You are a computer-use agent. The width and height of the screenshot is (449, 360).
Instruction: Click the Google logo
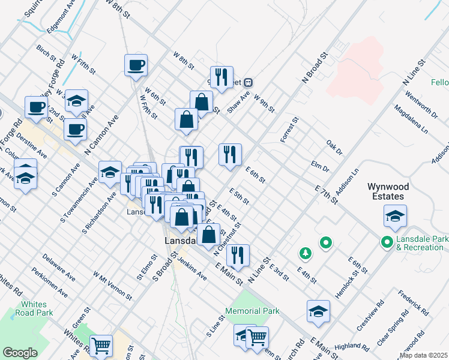click(20, 353)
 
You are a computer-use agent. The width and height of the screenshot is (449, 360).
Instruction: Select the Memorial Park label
click(253, 311)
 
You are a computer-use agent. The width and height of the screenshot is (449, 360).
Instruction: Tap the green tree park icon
click(305, 253)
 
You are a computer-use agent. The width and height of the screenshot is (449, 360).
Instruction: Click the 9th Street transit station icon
click(247, 82)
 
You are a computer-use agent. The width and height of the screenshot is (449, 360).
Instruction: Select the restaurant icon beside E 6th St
click(230, 155)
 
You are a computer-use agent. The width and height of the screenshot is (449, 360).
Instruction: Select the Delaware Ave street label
click(58, 268)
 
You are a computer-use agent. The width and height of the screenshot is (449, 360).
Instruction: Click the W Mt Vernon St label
click(112, 285)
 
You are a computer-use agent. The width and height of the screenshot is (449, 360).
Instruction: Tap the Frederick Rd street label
click(414, 304)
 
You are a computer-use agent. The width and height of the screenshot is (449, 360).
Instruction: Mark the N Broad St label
click(316, 67)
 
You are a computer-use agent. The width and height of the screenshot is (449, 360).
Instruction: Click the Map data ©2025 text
click(424, 355)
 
